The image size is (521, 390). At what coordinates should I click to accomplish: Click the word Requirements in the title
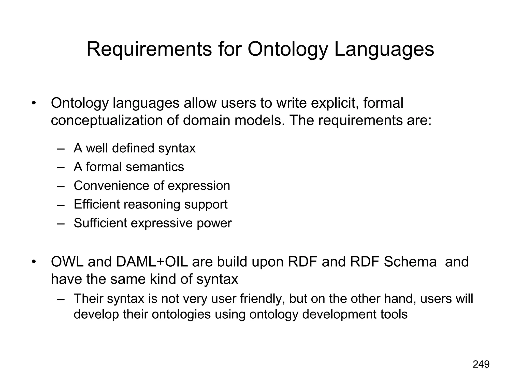(x=149, y=49)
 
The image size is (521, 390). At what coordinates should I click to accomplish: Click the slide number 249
(x=481, y=364)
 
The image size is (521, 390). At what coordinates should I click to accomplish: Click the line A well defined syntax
(x=134, y=148)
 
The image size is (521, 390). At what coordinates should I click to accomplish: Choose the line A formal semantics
(x=129, y=167)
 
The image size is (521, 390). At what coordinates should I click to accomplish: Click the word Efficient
(x=97, y=204)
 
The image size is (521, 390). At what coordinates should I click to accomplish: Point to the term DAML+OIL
(x=152, y=262)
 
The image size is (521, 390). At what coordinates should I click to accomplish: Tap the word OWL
(x=67, y=262)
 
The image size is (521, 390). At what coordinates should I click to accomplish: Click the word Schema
(x=410, y=262)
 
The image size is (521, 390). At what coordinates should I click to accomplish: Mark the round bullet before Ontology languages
(x=33, y=104)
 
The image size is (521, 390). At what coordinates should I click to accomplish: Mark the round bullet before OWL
(x=33, y=262)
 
